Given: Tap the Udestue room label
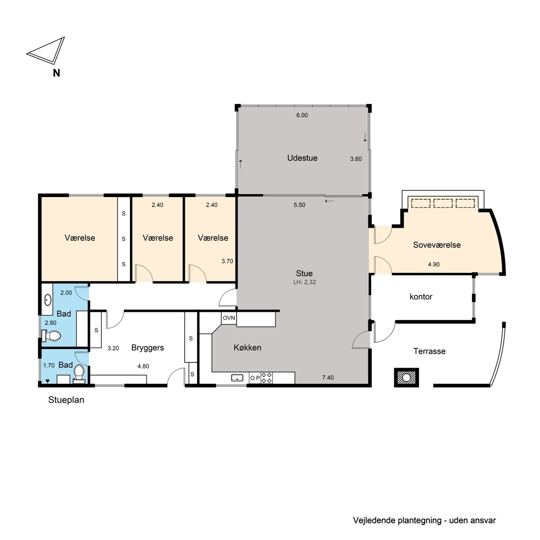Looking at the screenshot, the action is [x=302, y=158].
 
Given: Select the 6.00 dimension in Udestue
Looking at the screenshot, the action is [x=302, y=115].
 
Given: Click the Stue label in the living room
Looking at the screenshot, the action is [x=304, y=273].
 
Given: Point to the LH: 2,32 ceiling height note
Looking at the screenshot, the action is [x=304, y=282].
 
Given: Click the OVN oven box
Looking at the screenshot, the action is [x=229, y=318].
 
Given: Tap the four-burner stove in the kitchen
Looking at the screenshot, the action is [x=266, y=378].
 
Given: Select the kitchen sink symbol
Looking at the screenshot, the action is [x=237, y=378].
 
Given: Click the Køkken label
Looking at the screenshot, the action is [x=247, y=347].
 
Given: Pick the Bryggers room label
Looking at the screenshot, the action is [x=148, y=348].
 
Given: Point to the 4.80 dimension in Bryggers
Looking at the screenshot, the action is [x=143, y=366].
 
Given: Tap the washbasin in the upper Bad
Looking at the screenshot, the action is [x=48, y=300].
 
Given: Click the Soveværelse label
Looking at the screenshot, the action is [x=436, y=245].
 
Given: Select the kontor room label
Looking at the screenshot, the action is [x=421, y=297].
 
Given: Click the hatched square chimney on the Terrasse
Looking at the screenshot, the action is [x=406, y=378].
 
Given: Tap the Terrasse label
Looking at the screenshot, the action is [x=429, y=351].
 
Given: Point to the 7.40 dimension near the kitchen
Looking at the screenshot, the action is [x=328, y=378].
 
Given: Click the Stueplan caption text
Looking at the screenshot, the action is [x=66, y=400].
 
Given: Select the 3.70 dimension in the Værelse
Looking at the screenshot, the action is [x=227, y=261].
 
